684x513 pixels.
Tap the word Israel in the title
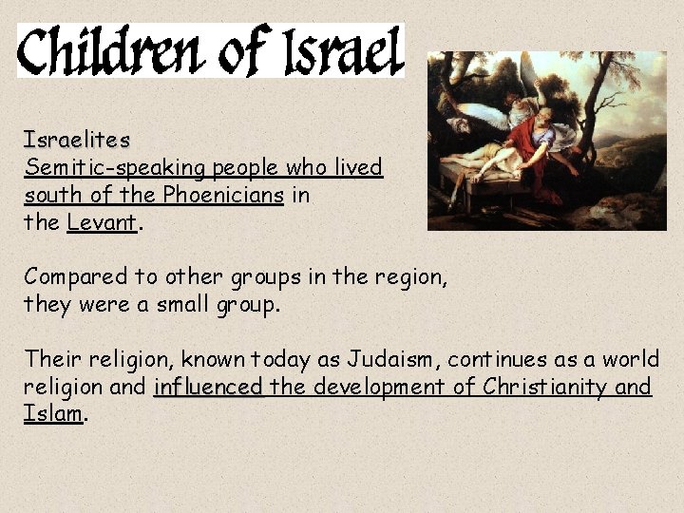click(x=346, y=51)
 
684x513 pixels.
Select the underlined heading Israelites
click(x=77, y=141)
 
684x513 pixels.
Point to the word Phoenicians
click(x=223, y=196)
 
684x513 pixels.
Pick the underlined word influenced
click(x=208, y=387)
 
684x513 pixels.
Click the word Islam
click(x=54, y=414)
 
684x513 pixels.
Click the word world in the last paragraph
click(x=630, y=359)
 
